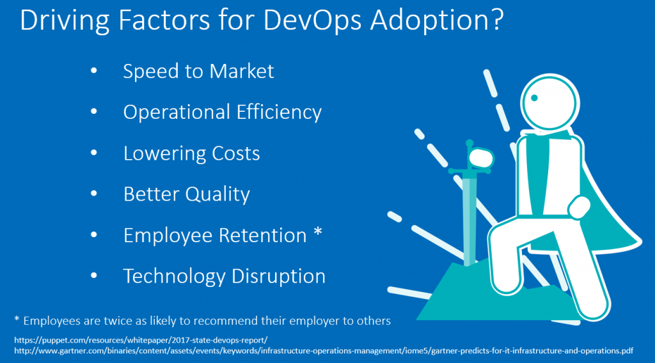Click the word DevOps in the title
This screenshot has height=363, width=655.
[x=312, y=20]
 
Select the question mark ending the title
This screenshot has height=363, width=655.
[x=497, y=20]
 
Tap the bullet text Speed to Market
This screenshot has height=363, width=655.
[x=198, y=71]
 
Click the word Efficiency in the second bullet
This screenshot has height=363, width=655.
[x=279, y=112]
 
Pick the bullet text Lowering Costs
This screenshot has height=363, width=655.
[x=191, y=153]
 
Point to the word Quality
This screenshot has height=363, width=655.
[x=217, y=194]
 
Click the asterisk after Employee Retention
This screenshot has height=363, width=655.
[x=318, y=231]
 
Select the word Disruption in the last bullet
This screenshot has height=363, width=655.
[x=278, y=276]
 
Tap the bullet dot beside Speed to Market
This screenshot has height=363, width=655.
[x=93, y=71]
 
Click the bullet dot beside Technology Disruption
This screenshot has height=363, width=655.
[x=93, y=276]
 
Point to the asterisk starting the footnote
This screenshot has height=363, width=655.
[x=17, y=319]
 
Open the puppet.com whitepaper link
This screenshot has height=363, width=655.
[x=141, y=340]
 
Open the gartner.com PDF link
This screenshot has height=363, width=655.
[x=324, y=351]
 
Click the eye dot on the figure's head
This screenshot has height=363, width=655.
[x=534, y=98]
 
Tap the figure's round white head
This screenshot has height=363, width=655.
[x=550, y=103]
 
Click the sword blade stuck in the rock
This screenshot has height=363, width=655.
[x=470, y=221]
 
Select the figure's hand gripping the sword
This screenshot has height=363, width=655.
[x=480, y=158]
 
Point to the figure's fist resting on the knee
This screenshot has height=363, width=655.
[x=580, y=207]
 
